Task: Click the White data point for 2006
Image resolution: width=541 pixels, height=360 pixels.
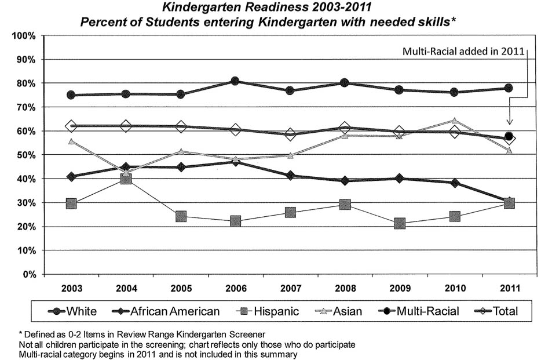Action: [235, 81]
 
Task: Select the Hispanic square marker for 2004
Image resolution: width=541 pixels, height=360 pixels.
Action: [126, 179]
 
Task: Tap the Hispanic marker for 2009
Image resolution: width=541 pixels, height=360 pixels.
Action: [400, 224]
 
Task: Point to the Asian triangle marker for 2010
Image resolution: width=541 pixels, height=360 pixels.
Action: [454, 121]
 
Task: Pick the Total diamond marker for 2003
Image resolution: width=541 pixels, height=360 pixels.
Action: [71, 126]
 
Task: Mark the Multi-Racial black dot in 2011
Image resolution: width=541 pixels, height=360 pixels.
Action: [509, 136]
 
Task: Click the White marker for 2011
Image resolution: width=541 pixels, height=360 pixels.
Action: [509, 88]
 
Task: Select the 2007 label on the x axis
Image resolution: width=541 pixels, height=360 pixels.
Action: [290, 288]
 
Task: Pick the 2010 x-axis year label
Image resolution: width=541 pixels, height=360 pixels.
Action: [454, 288]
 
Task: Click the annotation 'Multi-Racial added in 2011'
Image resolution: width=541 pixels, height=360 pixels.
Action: [463, 52]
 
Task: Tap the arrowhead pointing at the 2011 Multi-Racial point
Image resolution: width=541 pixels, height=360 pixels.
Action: [510, 122]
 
